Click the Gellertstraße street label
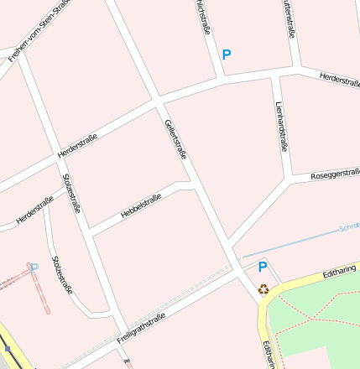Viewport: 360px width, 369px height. [175, 138]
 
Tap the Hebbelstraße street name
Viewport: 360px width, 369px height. [141, 206]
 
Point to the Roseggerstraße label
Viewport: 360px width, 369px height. [334, 174]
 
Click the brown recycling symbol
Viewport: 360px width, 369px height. [264, 289]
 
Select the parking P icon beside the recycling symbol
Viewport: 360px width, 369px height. [263, 268]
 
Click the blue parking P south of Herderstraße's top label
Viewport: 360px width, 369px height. [226, 55]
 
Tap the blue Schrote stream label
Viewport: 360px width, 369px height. [349, 227]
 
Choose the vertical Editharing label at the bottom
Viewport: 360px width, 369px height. [267, 354]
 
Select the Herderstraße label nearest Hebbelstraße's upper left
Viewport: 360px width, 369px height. [78, 147]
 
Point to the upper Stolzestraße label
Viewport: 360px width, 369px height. [72, 193]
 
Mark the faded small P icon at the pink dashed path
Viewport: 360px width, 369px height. [34, 268]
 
